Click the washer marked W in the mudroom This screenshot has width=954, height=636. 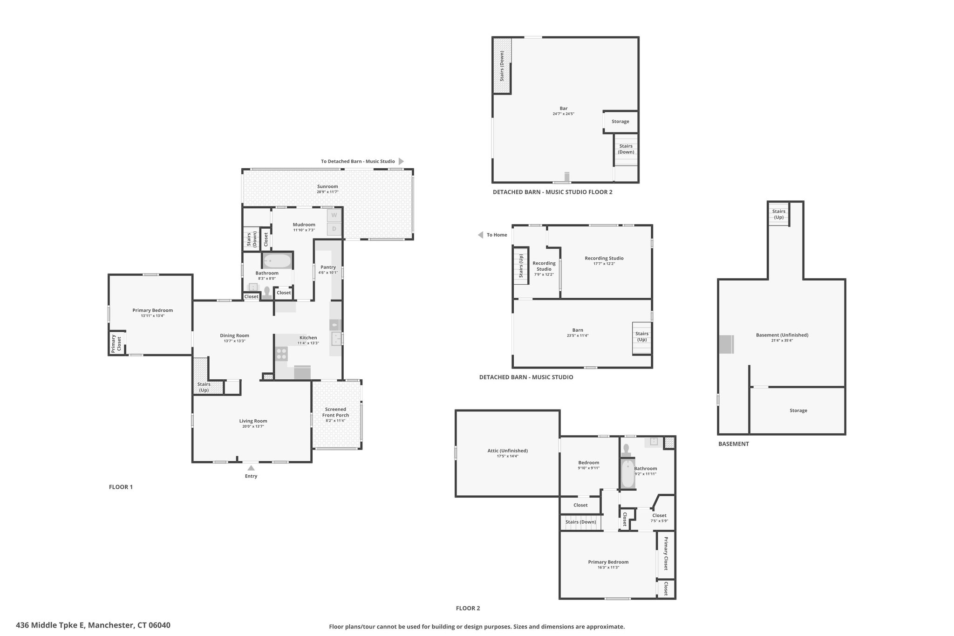pos(334,215)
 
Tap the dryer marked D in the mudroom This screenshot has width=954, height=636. pos(334,229)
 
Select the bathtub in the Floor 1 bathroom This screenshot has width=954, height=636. pos(277,260)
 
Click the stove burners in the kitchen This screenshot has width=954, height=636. pos(281,354)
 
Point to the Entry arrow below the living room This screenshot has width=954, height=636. pos(251,468)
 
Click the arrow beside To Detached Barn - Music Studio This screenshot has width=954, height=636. pos(401,161)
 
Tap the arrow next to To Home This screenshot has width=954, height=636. pos(480,235)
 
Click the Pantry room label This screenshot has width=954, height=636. pos(328,267)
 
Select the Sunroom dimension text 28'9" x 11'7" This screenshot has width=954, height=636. pos(327,192)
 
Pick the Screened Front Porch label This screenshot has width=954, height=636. pos(335,412)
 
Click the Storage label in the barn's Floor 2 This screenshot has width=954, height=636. pos(620,122)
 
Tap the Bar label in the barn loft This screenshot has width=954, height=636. pos(564,109)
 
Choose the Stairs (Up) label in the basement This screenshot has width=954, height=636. pos(779,214)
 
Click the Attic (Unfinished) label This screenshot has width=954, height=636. pos(507,451)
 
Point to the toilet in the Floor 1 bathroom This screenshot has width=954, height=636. pos(267,292)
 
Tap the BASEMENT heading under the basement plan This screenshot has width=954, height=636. pos(734,444)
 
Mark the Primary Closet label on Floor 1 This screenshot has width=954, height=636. pos(116,343)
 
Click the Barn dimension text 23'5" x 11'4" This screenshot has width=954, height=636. pos(578,335)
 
